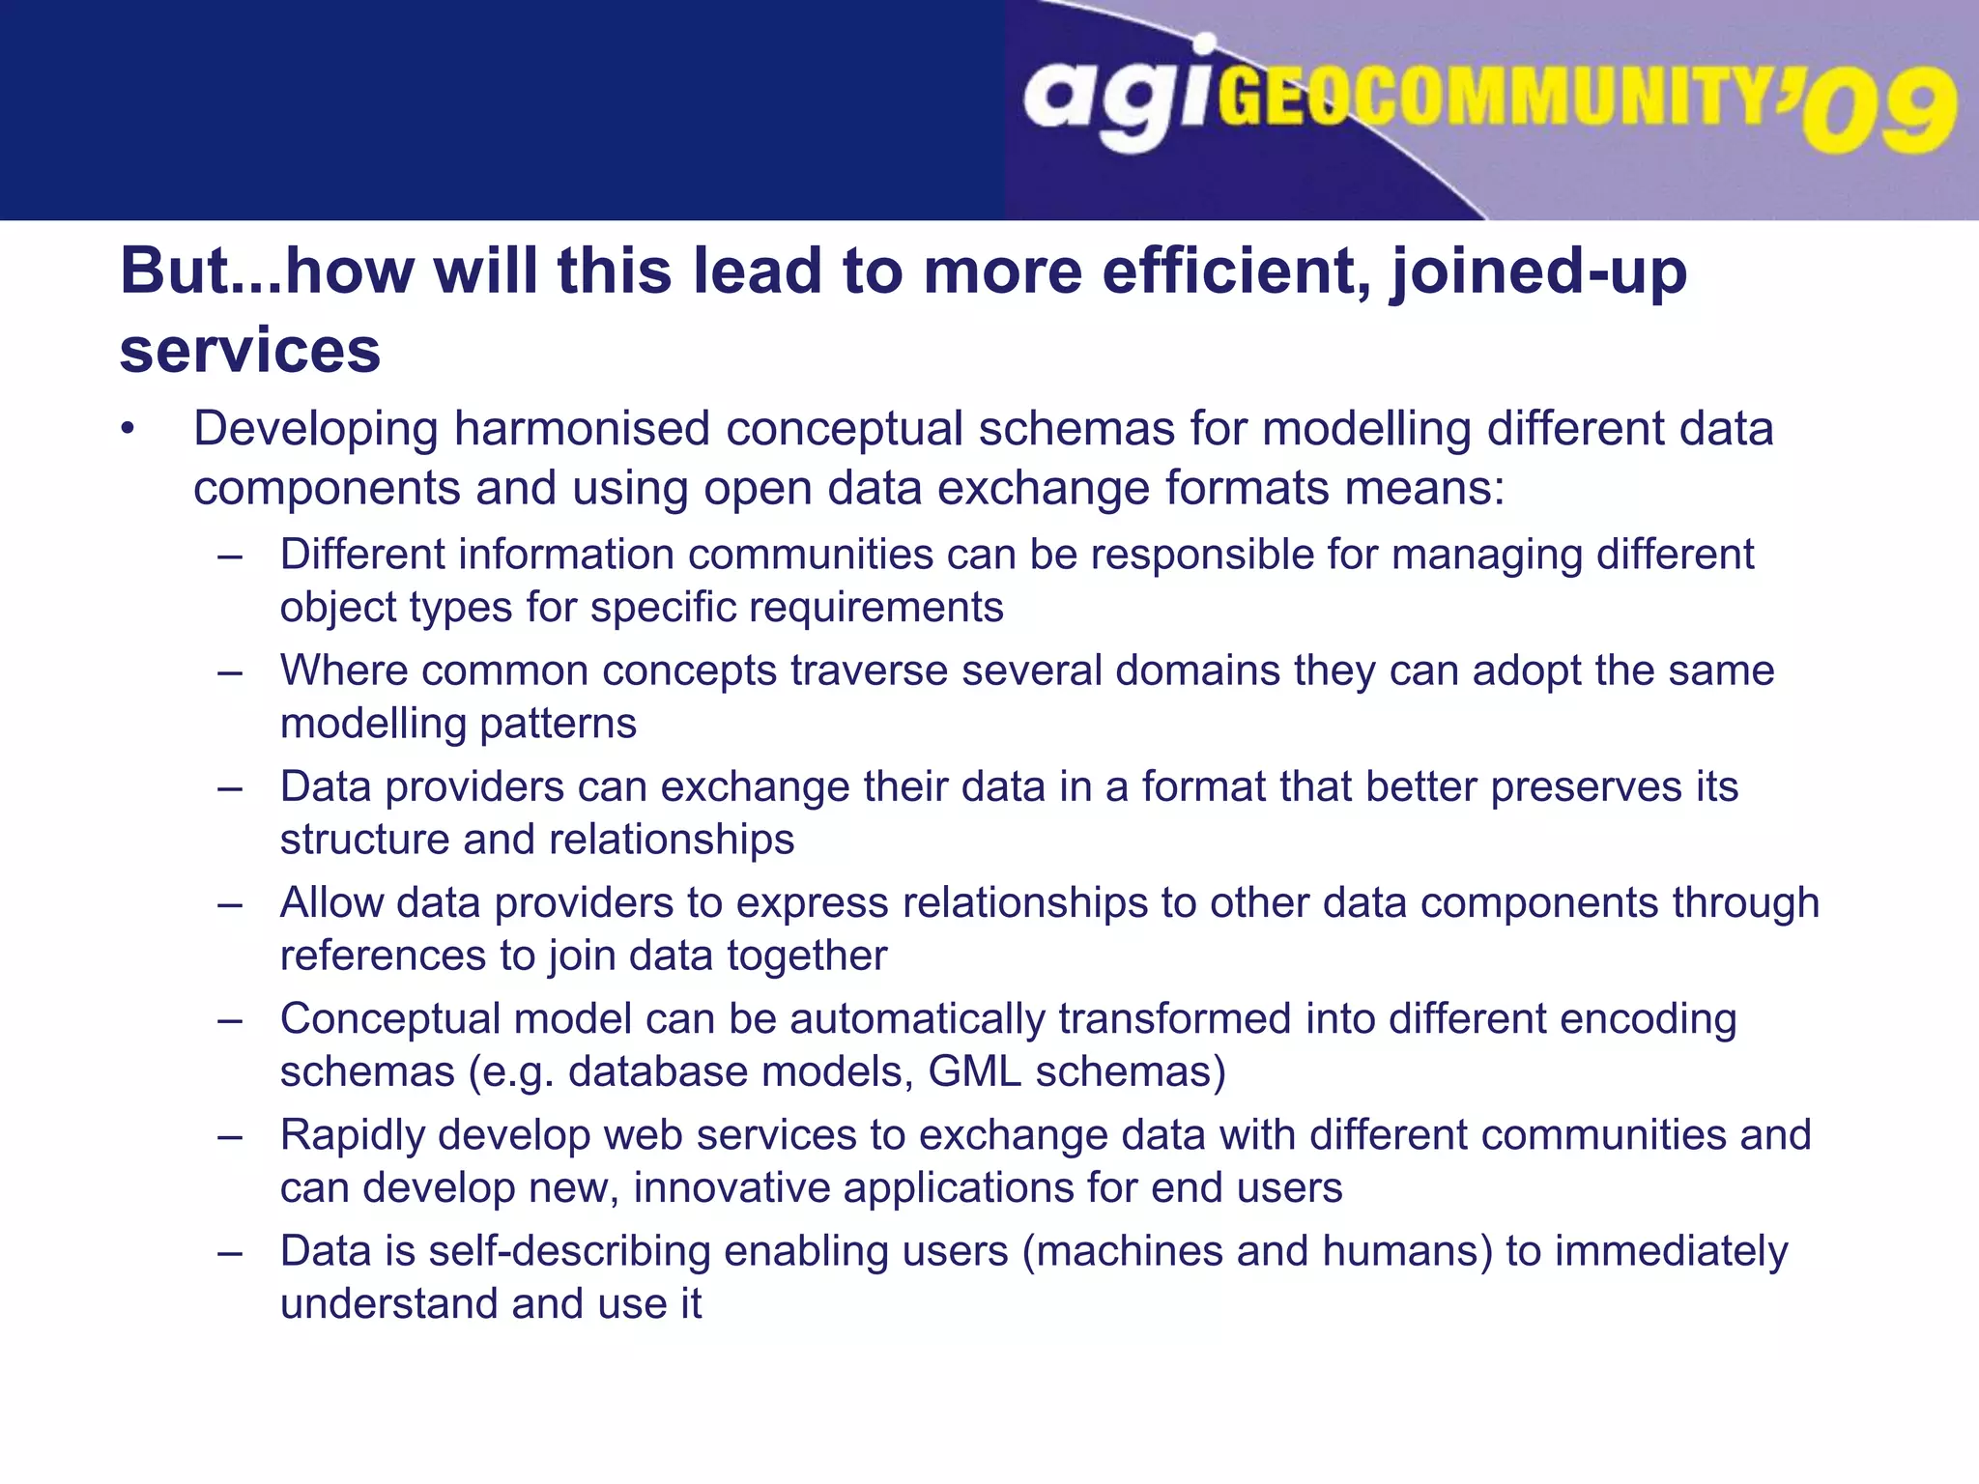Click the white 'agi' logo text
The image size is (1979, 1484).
tap(1116, 97)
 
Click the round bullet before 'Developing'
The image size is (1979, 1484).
tap(128, 430)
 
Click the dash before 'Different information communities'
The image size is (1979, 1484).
tap(230, 556)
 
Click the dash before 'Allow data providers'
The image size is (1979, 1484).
tap(230, 904)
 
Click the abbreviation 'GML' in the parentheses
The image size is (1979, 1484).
tap(974, 1072)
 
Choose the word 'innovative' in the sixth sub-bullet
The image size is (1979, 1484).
tap(731, 1188)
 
